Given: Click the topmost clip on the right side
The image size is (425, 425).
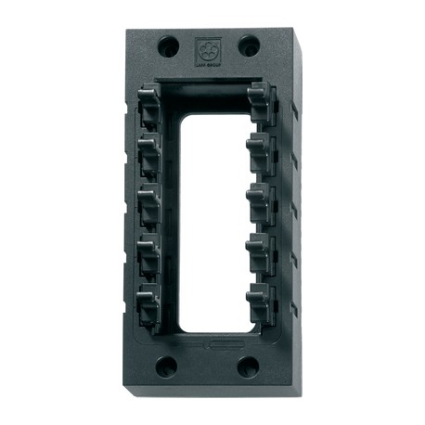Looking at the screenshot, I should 263,99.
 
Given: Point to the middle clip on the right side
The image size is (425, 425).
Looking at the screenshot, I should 261,198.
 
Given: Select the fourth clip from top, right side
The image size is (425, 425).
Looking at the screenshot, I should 261,249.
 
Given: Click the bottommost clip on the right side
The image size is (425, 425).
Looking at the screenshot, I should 261,299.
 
